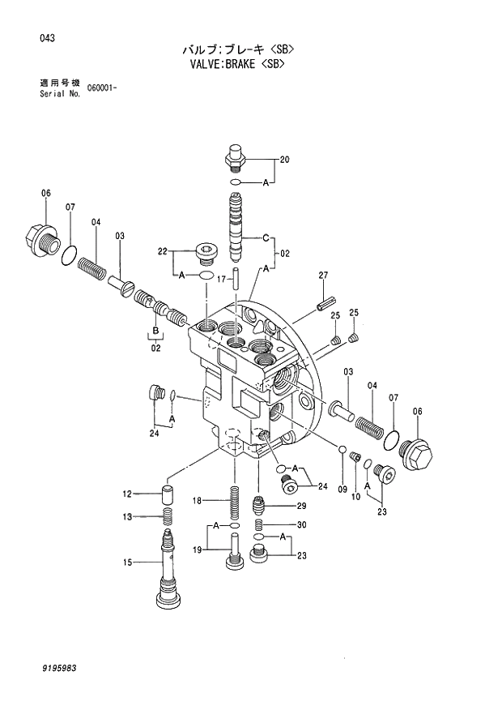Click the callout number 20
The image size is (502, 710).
284,160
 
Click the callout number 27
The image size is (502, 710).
322,276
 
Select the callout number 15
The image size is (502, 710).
127,562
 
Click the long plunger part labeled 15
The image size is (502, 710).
167,567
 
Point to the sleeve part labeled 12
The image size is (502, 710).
168,494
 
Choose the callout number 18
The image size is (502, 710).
196,501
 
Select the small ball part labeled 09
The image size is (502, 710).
342,450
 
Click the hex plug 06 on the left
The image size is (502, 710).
39,237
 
